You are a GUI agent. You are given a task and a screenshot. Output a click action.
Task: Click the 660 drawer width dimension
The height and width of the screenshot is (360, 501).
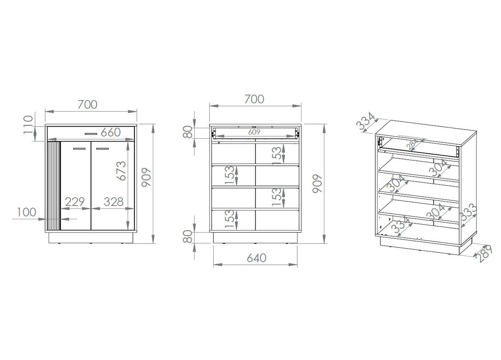(x=111, y=132)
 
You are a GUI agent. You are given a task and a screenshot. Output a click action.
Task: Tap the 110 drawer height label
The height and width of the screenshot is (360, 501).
(x=28, y=124)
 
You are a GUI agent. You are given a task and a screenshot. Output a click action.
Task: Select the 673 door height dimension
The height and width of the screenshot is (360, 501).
(x=121, y=171)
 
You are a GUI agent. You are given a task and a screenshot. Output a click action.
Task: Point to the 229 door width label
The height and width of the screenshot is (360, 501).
(x=75, y=202)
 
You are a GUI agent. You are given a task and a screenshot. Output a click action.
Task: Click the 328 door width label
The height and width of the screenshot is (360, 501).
(x=114, y=202)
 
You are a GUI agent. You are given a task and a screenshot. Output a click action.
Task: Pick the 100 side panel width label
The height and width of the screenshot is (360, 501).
(x=26, y=212)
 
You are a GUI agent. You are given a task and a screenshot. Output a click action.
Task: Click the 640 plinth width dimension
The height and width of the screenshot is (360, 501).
(x=256, y=258)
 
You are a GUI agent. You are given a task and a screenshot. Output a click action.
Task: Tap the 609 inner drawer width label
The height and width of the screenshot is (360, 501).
(x=254, y=132)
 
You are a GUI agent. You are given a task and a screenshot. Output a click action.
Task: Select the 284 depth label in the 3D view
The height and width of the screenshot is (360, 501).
(x=412, y=145)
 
